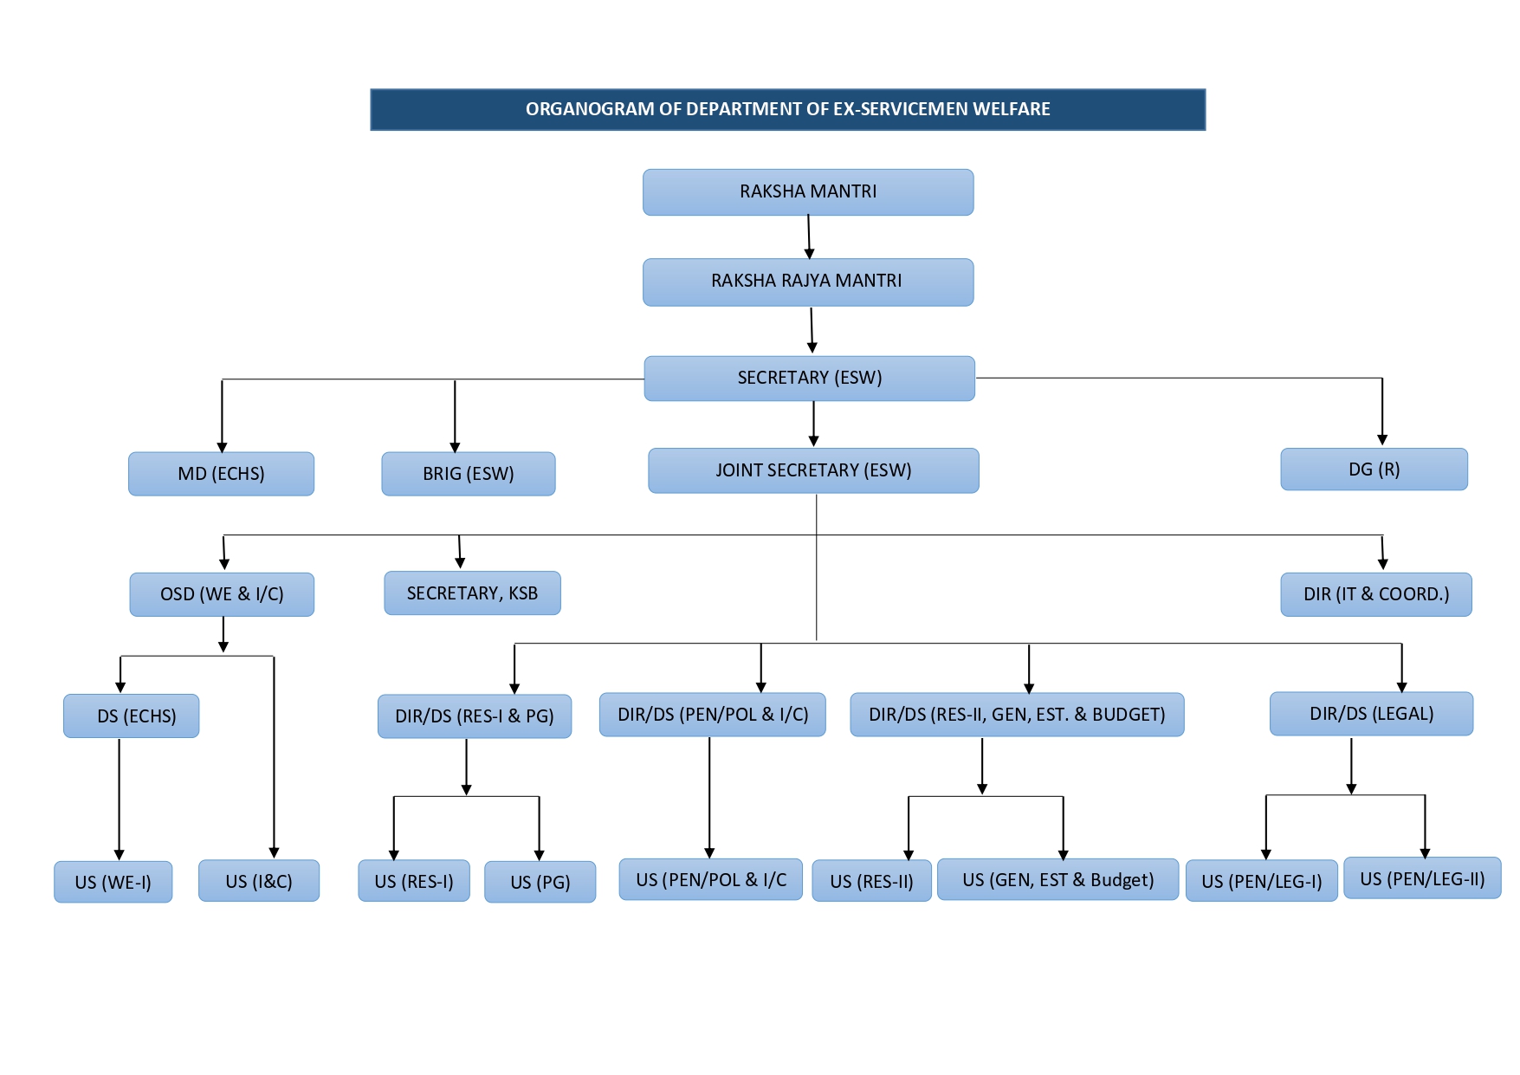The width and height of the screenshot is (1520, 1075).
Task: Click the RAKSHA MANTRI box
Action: click(x=807, y=192)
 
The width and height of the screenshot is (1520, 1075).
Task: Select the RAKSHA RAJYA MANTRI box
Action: click(x=807, y=282)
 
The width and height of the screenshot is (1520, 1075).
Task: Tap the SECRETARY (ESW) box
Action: click(x=809, y=379)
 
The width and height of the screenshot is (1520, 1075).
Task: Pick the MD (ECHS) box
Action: click(x=221, y=474)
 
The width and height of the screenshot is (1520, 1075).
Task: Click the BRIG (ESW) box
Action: click(x=468, y=474)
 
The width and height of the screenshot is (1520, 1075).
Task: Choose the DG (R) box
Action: click(x=1374, y=470)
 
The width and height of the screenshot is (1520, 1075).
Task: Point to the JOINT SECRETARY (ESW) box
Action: click(x=813, y=470)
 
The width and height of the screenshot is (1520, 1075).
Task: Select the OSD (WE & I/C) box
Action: click(x=222, y=594)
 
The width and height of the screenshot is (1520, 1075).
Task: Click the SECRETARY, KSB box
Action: click(x=472, y=593)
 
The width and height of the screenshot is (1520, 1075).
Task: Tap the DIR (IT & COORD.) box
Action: click(x=1375, y=594)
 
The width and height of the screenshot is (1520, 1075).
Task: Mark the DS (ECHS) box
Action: click(x=131, y=716)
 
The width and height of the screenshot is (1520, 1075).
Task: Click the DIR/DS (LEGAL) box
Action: click(x=1371, y=714)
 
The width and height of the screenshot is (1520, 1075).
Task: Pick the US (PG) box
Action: click(x=540, y=882)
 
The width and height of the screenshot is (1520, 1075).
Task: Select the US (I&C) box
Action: click(x=258, y=881)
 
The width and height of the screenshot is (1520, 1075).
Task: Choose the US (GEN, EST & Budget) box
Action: click(x=1058, y=880)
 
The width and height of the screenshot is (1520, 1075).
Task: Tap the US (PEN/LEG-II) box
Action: click(x=1421, y=879)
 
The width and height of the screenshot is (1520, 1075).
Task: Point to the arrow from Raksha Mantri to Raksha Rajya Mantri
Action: click(x=809, y=236)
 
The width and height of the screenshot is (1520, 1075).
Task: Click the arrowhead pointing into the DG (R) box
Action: click(x=1382, y=440)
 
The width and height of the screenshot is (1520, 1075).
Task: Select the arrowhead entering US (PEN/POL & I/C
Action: click(x=709, y=853)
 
